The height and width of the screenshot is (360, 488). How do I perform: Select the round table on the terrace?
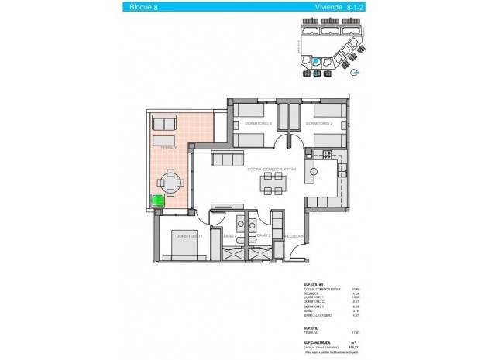pyautogui.click(x=171, y=183)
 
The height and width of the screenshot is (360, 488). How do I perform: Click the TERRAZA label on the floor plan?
pyautogui.click(x=166, y=147)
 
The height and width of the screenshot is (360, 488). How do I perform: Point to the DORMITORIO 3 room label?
pyautogui.click(x=257, y=124)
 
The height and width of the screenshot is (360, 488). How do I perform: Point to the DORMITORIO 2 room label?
pyautogui.click(x=321, y=124)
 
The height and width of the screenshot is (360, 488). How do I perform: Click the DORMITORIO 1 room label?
pyautogui.click(x=189, y=235)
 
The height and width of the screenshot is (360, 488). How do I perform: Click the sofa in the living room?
pyautogui.click(x=226, y=159)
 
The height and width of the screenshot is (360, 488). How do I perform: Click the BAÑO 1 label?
pyautogui.click(x=229, y=235)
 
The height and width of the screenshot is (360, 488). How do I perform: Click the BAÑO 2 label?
pyautogui.click(x=263, y=235)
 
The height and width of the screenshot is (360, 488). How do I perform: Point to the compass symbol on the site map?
pyautogui.click(x=354, y=73)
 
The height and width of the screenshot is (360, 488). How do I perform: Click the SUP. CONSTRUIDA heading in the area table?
pyautogui.click(x=304, y=341)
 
